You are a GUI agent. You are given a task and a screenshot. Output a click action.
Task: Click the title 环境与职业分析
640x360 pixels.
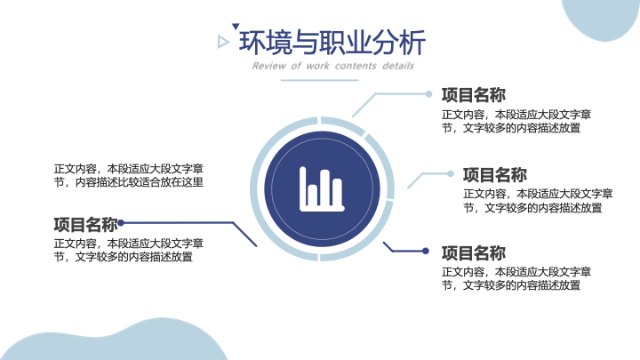pos(332,43)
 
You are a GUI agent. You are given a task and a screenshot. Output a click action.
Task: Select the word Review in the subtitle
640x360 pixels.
pos(269,66)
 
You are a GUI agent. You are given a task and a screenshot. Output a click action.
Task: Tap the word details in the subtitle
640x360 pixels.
pos(398,66)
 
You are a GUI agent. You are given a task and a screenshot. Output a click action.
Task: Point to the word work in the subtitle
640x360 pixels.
pos(318,66)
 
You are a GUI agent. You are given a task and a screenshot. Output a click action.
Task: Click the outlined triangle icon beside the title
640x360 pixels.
pos(223,42)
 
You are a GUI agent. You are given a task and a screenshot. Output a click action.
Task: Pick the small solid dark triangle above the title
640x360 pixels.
pos(235,26)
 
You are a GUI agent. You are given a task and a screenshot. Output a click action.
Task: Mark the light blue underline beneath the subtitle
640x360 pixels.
pos(320,80)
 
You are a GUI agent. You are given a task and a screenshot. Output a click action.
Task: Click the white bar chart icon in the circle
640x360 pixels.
pos(322,189)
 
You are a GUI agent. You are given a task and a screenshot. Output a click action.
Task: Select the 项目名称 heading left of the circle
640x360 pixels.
pos(85,224)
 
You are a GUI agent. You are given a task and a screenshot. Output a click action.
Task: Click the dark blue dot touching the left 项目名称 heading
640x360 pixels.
pos(121,223)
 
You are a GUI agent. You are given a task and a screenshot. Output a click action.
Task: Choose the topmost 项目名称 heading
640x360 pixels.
pos(474,95)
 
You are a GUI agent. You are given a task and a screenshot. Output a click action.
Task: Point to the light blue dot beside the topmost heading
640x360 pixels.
pos(428,94)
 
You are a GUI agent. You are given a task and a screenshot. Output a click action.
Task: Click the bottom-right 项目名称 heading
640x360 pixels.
pos(474,253)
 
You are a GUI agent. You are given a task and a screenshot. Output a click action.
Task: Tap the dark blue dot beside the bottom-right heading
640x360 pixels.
pos(425,251)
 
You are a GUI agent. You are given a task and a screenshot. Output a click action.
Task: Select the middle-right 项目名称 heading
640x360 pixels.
pos(495,175)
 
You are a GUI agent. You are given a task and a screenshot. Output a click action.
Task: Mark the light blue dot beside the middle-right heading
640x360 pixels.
pos(450,174)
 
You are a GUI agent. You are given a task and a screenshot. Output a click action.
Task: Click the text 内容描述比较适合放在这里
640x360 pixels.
pos(140,182)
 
